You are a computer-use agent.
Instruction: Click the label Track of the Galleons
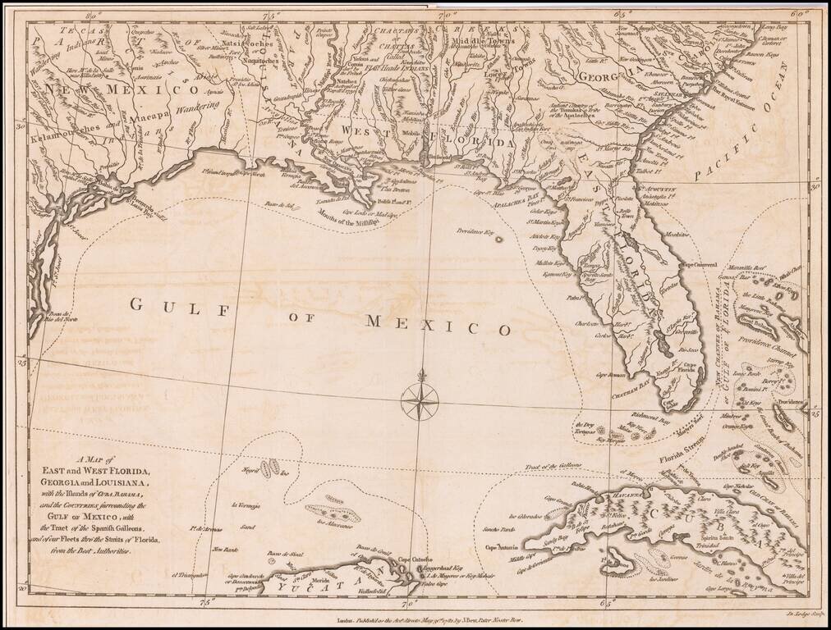(x=559, y=465)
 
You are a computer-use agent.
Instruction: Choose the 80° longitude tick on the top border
(x=93, y=14)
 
